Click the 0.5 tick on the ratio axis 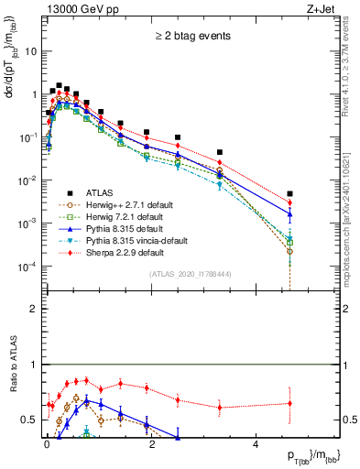[30, 420]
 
